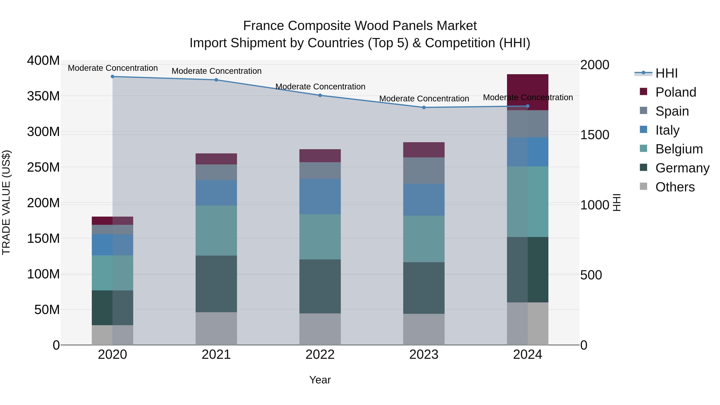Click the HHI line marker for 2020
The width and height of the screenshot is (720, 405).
[x=112, y=77]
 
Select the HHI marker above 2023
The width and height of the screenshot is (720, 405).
[x=424, y=107]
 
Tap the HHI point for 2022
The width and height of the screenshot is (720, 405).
[x=320, y=95]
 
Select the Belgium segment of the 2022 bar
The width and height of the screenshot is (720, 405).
[x=320, y=237]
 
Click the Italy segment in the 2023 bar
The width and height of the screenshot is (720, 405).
[x=424, y=200]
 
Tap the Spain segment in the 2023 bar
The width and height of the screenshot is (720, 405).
[x=424, y=170]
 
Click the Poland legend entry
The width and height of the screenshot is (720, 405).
[x=676, y=92]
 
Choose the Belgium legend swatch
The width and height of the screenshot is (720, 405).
[x=643, y=148]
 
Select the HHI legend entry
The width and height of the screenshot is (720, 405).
[x=666, y=73]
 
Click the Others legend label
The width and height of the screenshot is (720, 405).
[x=675, y=187]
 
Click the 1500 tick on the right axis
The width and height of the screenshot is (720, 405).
[x=595, y=135]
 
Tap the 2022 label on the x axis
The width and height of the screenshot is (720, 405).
[x=320, y=355]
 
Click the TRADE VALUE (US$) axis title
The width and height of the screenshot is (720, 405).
[x=6, y=202]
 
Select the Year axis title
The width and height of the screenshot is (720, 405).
[x=320, y=380]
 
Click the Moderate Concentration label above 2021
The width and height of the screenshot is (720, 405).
[x=216, y=71]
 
